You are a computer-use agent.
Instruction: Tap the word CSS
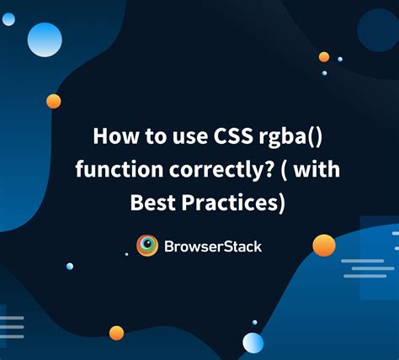233,136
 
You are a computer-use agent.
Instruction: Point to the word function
120,169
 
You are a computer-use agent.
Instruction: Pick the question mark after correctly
269,169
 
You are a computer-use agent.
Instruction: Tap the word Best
153,203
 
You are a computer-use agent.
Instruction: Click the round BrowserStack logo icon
147,246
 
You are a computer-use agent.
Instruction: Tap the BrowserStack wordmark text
213,246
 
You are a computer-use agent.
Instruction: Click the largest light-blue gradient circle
45,40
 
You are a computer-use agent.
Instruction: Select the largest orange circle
324,246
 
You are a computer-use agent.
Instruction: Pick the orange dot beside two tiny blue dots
324,57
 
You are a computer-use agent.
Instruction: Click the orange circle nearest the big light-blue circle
54,101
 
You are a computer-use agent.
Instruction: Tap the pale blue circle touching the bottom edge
253,343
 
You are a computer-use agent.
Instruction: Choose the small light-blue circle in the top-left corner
8,19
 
